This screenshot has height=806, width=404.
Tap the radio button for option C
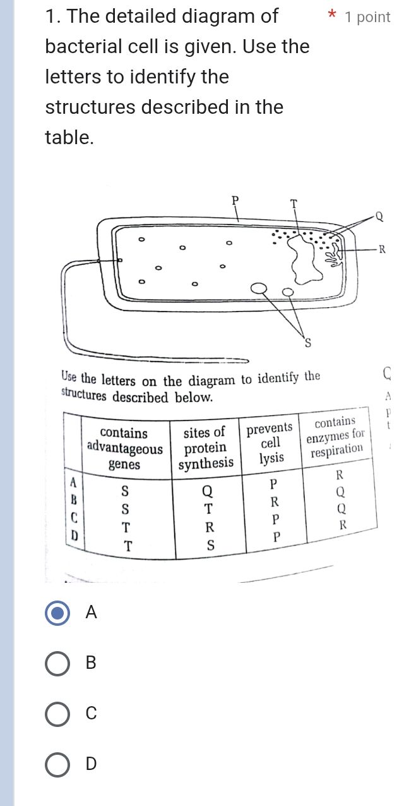tap(58, 714)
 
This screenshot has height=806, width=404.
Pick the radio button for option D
tap(58, 764)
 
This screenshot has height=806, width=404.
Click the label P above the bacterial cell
tap(235, 201)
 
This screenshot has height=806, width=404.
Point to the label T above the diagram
tap(293, 203)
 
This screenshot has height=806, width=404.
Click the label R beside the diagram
tap(379, 248)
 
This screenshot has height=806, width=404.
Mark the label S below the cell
tap(309, 343)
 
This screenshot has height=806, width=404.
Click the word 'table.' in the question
tap(69, 137)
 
